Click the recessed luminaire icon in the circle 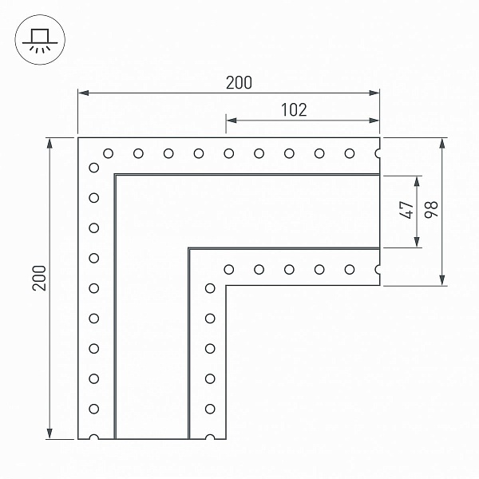pos(40,41)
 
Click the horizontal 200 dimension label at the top pos(239,82)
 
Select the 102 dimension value pos(294,110)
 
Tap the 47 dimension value pos(406,210)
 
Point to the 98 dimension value pos(431,210)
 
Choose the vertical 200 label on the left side pos(39,278)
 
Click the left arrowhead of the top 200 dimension pos(83,93)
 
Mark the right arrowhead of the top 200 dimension pos(374,93)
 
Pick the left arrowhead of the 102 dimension pos(232,121)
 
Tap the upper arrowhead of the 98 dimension pos(442,143)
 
